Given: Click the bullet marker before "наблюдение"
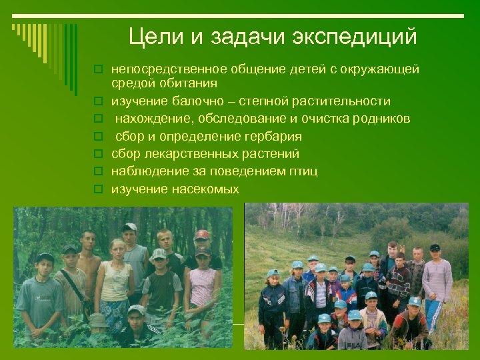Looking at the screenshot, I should tap(97, 172).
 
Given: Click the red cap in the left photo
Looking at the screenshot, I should tap(201, 235).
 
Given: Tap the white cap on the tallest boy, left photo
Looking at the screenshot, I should tap(129, 227).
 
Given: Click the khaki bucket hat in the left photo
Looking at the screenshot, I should tap(99, 320).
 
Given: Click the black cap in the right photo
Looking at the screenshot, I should tap(435, 247).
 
